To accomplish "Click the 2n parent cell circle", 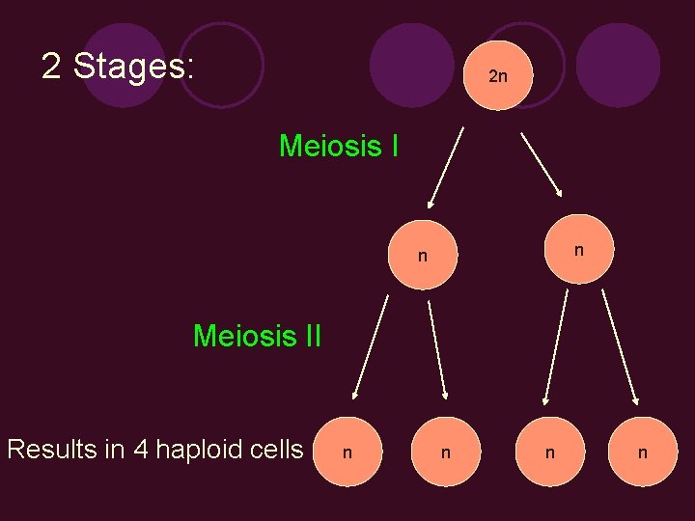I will (x=496, y=74).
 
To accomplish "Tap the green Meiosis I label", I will (x=339, y=147).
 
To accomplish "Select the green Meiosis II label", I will (x=257, y=336).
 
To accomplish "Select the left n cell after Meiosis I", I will (x=423, y=257).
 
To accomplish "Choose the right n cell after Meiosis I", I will (x=577, y=249).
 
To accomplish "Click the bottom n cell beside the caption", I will (x=347, y=451).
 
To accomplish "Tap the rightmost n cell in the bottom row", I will (x=642, y=451).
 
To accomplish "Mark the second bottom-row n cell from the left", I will (x=444, y=451).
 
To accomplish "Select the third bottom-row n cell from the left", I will (x=549, y=451).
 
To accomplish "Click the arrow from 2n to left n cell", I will (x=447, y=168).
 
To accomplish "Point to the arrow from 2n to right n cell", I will (x=542, y=163).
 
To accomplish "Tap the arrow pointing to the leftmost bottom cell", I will (x=371, y=347).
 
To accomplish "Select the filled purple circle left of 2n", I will (x=411, y=64).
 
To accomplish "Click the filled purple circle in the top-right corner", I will (x=618, y=64).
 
